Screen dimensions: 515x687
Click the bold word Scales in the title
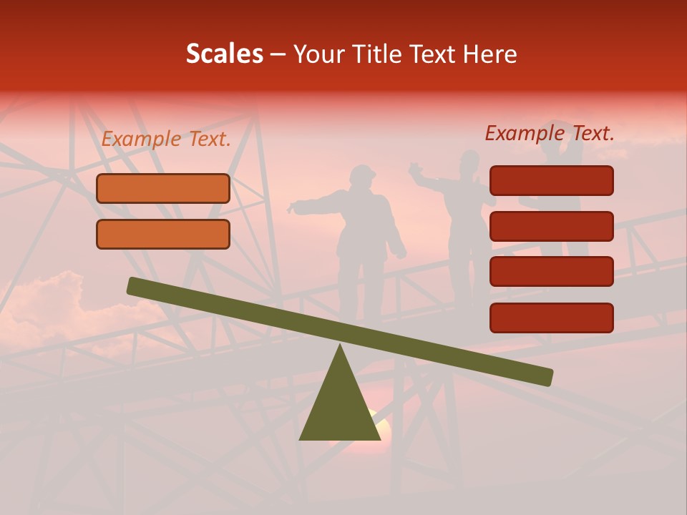click(x=225, y=54)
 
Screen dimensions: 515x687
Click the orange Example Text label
click(x=166, y=139)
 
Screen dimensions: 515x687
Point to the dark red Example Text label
click(x=550, y=133)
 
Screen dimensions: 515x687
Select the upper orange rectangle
click(x=163, y=188)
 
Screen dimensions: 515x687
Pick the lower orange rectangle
click(x=163, y=234)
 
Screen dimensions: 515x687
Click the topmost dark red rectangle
click(x=552, y=180)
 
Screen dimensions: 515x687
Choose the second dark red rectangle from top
click(x=552, y=226)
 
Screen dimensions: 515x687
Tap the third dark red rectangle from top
click(x=552, y=271)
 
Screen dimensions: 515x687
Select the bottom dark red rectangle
click(x=552, y=318)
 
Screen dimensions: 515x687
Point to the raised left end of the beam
click(x=133, y=285)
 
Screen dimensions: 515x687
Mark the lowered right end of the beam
click(x=547, y=376)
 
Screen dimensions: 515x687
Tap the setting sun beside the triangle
click(x=382, y=428)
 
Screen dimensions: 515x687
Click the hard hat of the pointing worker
click(x=363, y=173)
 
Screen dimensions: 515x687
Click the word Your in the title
click(x=319, y=54)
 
